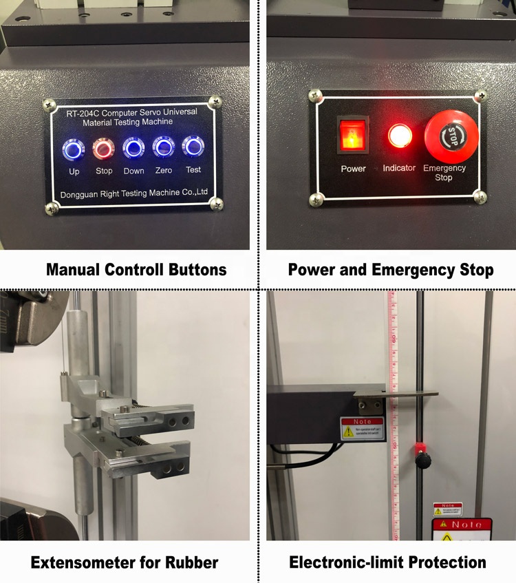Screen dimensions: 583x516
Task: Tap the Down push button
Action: pyautogui.click(x=133, y=147)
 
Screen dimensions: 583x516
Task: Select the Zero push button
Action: pyautogui.click(x=163, y=147)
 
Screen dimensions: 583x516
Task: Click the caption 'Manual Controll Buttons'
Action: pyautogui.click(x=136, y=270)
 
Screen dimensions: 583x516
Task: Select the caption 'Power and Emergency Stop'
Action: pyautogui.click(x=390, y=270)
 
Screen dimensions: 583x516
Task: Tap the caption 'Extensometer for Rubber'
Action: pyautogui.click(x=125, y=562)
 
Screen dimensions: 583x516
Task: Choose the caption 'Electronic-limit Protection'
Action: pyautogui.click(x=387, y=562)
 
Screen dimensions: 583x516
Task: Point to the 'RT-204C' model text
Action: pyautogui.click(x=76, y=112)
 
